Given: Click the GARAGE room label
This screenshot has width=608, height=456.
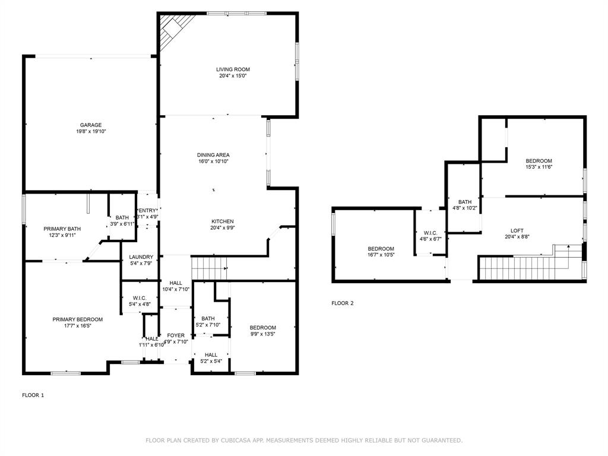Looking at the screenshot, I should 91,125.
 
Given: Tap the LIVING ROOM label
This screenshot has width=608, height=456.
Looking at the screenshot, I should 233,69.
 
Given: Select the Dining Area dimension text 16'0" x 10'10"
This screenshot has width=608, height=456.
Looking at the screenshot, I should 213,161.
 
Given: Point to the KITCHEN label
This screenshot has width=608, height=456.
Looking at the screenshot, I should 222,221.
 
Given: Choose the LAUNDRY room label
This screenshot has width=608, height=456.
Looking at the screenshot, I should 141,257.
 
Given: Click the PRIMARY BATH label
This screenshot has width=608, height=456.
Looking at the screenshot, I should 62,229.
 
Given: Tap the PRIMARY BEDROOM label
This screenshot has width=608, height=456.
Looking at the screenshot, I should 77,319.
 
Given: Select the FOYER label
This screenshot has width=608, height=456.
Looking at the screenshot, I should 176,335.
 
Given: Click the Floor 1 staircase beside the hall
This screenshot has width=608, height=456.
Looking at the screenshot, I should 209,268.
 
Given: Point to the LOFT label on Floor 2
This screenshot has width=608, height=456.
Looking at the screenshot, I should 517,231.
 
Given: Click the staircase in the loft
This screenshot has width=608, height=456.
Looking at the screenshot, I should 522,266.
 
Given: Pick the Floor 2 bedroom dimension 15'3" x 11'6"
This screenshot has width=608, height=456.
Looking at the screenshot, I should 539,167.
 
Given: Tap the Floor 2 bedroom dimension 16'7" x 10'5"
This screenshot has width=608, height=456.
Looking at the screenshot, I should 381,255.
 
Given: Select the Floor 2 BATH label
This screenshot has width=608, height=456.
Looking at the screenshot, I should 464,202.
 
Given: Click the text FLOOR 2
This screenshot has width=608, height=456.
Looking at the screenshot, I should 342,303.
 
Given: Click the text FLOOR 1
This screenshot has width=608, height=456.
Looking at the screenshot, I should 33,395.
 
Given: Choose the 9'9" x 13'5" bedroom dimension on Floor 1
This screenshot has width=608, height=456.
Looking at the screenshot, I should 262,334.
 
